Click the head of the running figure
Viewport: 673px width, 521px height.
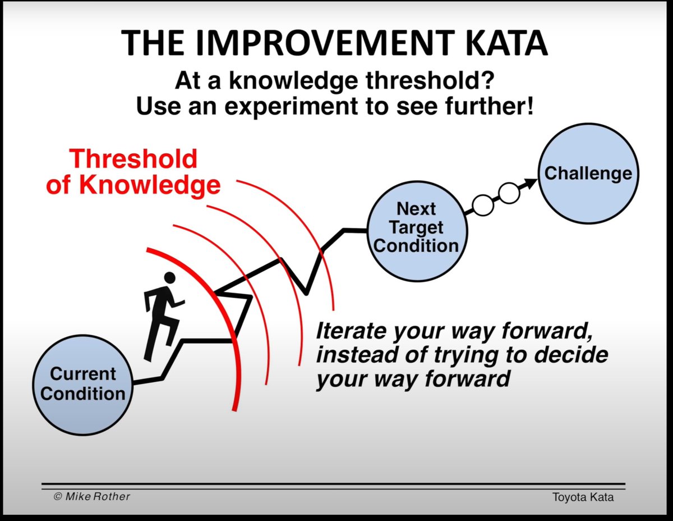(x=169, y=278)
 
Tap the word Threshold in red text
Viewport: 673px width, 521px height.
(x=133, y=159)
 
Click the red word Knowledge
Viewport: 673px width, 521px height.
(x=150, y=185)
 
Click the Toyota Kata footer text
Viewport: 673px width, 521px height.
(x=583, y=497)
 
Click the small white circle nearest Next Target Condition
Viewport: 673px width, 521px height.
(x=483, y=205)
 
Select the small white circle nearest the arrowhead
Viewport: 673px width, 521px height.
(x=509, y=193)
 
